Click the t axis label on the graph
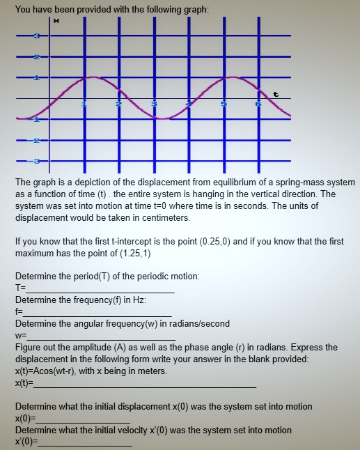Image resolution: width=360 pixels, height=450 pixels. pos(276,93)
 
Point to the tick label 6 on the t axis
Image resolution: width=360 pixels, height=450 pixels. pos(258,104)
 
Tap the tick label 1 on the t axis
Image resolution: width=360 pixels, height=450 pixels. pos(84,104)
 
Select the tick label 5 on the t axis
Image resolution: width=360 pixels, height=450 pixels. pos(224,104)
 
